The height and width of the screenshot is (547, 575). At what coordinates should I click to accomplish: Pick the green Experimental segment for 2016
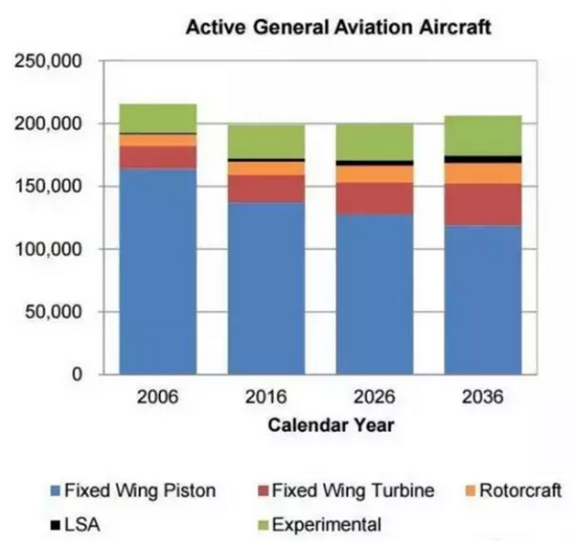point(265,142)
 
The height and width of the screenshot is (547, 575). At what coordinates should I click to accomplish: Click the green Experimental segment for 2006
point(157,118)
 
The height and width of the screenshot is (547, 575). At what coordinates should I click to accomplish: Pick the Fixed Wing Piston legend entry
point(130,490)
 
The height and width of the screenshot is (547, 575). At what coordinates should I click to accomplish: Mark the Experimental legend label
point(327,524)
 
